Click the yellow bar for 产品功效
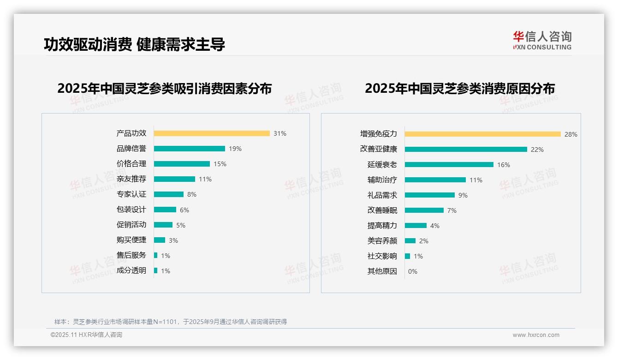[x=212, y=133]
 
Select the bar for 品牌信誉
[x=189, y=149]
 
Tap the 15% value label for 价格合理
[x=220, y=164]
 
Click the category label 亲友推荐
[x=131, y=179]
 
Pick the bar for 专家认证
[x=168, y=194]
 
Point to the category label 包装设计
[x=131, y=210]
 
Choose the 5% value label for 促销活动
[x=181, y=225]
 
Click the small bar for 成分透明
[x=156, y=270]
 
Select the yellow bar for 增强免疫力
[x=482, y=134]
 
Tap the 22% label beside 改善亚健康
[x=537, y=150]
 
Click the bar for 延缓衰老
[x=449, y=164]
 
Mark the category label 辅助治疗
[x=382, y=180]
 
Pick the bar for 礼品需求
[x=429, y=195]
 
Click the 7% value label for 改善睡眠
[x=452, y=210]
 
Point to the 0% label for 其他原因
[x=413, y=271]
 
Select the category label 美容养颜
[x=382, y=241]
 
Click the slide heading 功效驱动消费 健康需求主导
[x=134, y=45]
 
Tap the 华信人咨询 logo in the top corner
[x=542, y=40]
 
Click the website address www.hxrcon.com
[x=536, y=335]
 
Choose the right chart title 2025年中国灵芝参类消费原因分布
[x=459, y=88]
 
